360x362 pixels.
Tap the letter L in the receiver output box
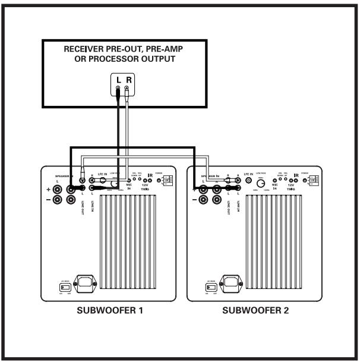(x=118, y=79)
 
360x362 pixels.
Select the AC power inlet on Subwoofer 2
(x=234, y=282)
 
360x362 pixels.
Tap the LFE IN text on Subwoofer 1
(x=98, y=175)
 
